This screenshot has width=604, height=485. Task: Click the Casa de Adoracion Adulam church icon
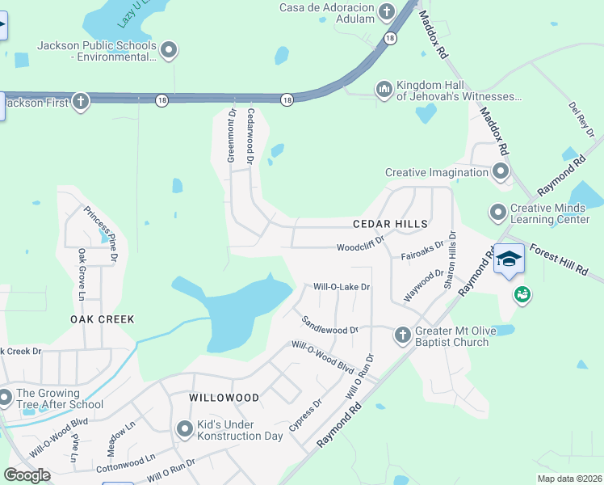point(386,11)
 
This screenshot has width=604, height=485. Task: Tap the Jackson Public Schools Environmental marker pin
point(169,51)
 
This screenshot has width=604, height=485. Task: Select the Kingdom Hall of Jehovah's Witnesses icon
point(384,88)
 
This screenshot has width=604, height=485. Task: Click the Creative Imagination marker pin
point(501,171)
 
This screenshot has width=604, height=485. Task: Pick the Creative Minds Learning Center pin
point(497,213)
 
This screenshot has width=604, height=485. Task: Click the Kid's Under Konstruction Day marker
point(184,429)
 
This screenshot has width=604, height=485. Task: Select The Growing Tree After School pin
point(5,398)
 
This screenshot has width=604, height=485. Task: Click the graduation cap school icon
point(508,259)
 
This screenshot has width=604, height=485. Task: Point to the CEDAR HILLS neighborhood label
point(389,223)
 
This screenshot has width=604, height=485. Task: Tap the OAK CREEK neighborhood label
point(102,319)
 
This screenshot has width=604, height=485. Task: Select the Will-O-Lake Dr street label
point(342,287)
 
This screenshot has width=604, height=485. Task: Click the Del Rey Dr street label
point(581,119)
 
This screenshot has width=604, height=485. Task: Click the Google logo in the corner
point(27,474)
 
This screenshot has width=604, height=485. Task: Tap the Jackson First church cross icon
point(80,102)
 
